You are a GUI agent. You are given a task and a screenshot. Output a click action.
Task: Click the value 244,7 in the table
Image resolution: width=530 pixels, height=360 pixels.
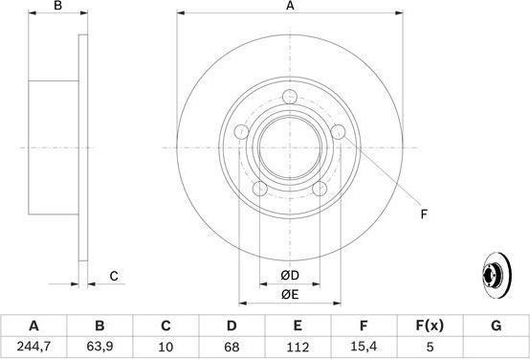33,347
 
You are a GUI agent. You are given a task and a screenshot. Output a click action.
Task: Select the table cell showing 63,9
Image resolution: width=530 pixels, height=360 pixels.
99,347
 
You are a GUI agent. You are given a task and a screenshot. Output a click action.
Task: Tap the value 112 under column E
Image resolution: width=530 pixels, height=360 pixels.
298,347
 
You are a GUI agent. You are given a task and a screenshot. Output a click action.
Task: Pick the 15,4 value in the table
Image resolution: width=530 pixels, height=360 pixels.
364,347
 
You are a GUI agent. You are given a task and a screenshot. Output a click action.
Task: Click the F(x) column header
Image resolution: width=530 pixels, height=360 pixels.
430,326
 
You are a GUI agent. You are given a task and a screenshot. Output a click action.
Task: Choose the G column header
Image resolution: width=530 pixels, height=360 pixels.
496,326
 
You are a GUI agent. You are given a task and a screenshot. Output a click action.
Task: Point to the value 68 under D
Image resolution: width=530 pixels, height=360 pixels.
232,347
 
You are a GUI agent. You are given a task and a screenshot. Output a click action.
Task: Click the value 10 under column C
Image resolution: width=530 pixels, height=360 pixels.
166,347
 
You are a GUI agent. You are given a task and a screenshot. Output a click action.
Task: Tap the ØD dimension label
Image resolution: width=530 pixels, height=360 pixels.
290,276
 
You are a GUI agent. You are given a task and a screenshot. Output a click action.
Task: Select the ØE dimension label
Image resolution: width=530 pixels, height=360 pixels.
290,295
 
